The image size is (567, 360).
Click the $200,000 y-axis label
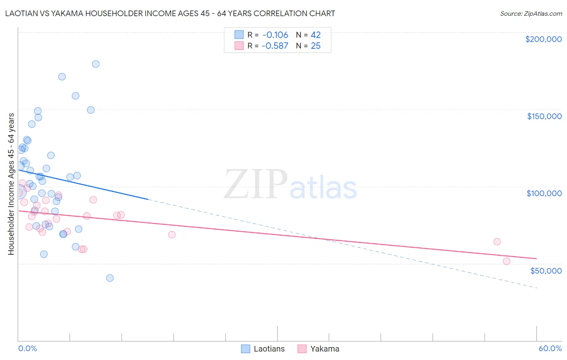(x=543, y=39)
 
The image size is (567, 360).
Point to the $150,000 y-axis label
(x=544, y=116)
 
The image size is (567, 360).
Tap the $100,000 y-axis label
(x=544, y=193)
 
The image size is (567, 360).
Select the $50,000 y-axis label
(x=546, y=270)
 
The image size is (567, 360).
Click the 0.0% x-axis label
(x=27, y=348)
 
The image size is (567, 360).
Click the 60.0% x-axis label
(x=550, y=348)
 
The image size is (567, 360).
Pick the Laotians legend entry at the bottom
(x=269, y=349)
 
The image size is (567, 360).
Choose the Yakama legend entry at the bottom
(x=325, y=349)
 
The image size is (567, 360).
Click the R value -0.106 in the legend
(x=275, y=35)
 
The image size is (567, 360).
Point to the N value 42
(x=315, y=35)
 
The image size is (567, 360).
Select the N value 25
(x=315, y=46)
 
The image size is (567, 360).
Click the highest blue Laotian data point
(x=96, y=64)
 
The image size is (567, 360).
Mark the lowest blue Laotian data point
(x=110, y=278)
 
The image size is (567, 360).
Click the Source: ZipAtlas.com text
(x=531, y=14)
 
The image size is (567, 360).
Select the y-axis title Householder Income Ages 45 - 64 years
(x=11, y=184)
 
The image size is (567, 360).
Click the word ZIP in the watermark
(x=255, y=185)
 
